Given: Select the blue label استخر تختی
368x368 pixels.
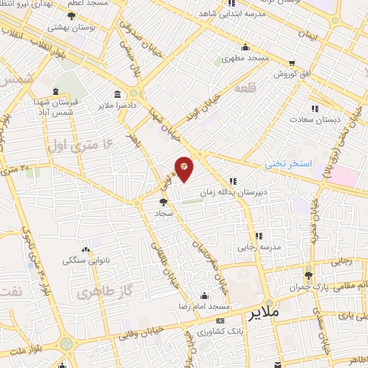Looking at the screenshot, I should point(288,164).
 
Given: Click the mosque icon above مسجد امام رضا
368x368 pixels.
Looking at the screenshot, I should point(205,295).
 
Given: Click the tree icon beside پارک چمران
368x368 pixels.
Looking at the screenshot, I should point(309,275).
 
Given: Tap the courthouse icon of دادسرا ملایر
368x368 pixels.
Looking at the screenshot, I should point(117,94).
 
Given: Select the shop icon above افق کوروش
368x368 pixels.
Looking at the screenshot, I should point(291,63).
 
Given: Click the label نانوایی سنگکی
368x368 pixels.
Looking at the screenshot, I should point(84,259).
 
